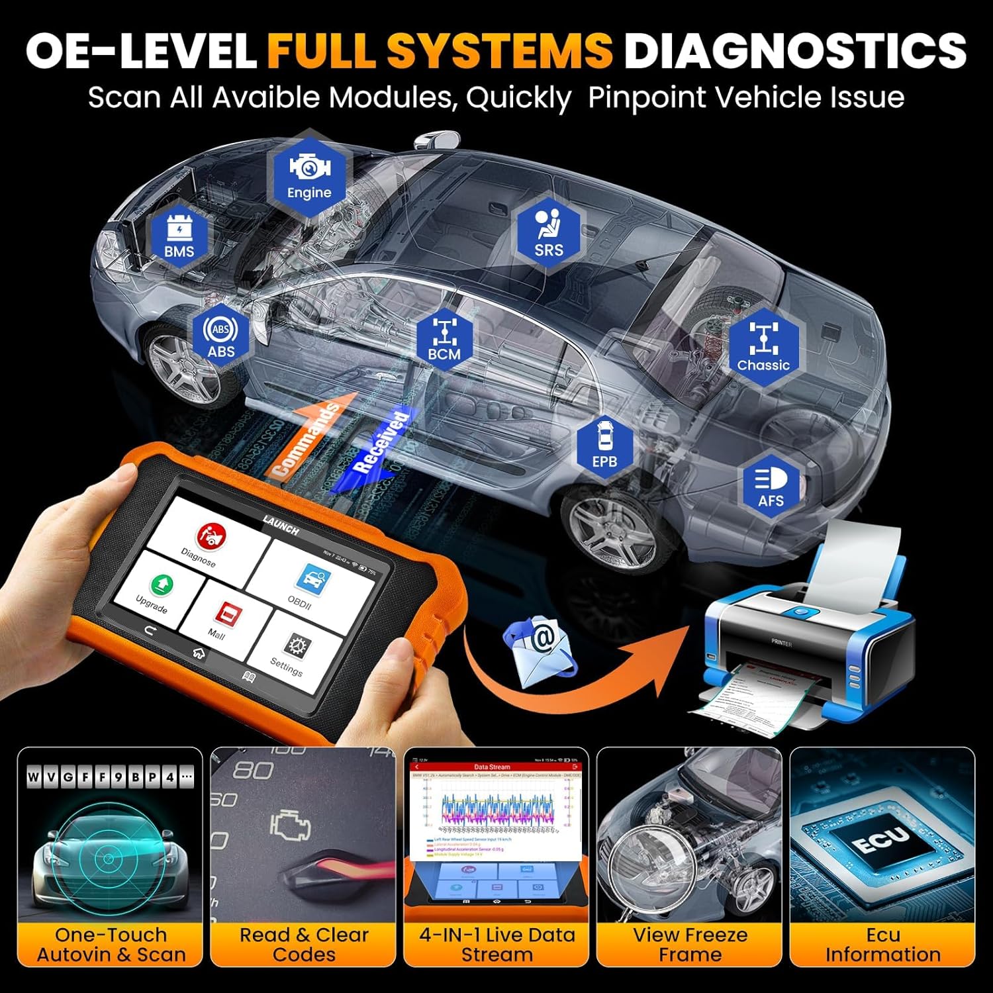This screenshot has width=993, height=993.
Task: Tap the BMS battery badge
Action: (179, 236)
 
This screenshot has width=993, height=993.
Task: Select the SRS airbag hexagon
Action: (549, 233)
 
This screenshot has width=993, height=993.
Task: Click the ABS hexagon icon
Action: (220, 336)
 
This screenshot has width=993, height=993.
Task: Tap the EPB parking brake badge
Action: (604, 445)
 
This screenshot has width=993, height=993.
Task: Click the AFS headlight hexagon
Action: (771, 485)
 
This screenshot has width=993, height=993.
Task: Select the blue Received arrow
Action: (379, 448)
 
